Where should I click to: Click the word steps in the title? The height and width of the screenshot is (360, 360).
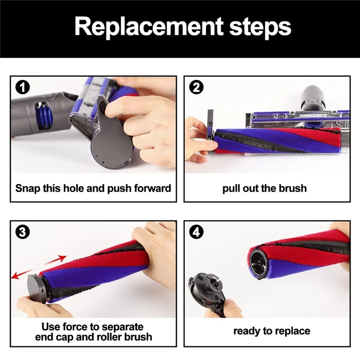[x=260, y=27]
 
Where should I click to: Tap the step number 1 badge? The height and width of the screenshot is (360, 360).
[x=22, y=88]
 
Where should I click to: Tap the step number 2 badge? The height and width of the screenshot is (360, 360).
[x=196, y=87]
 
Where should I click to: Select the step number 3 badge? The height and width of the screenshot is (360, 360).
[x=22, y=232]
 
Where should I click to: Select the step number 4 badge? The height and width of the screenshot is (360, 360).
[x=196, y=232]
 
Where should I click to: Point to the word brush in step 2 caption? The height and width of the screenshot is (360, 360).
[x=293, y=188]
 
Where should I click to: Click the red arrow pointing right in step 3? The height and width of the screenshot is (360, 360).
[x=55, y=260]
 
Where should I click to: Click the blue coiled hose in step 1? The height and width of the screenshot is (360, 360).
[x=45, y=117]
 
